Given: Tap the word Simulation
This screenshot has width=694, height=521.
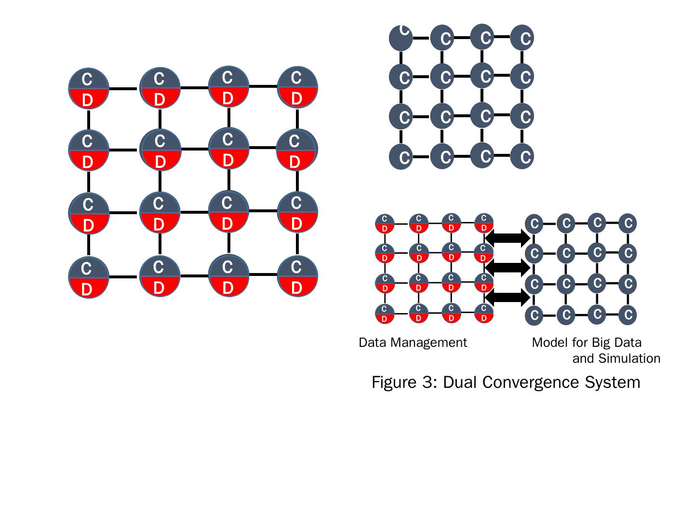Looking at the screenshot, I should tap(629, 358).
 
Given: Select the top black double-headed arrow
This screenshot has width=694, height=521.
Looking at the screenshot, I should tap(507, 237).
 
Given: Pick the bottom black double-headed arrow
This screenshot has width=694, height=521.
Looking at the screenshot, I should tap(507, 297).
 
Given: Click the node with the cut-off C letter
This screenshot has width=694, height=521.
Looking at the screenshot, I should tap(401, 38).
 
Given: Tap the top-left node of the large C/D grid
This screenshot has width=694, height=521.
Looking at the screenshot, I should tap(88, 89).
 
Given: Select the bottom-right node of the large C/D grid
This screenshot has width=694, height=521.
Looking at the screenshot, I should tap(297, 276).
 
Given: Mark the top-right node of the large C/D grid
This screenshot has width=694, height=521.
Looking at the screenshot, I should tap(297, 87).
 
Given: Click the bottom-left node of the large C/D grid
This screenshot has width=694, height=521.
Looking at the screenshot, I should tap(88, 277).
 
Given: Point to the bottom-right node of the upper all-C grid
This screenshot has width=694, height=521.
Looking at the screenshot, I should tap(522, 156).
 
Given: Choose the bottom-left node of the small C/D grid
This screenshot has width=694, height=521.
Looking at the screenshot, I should tap(385, 314).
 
